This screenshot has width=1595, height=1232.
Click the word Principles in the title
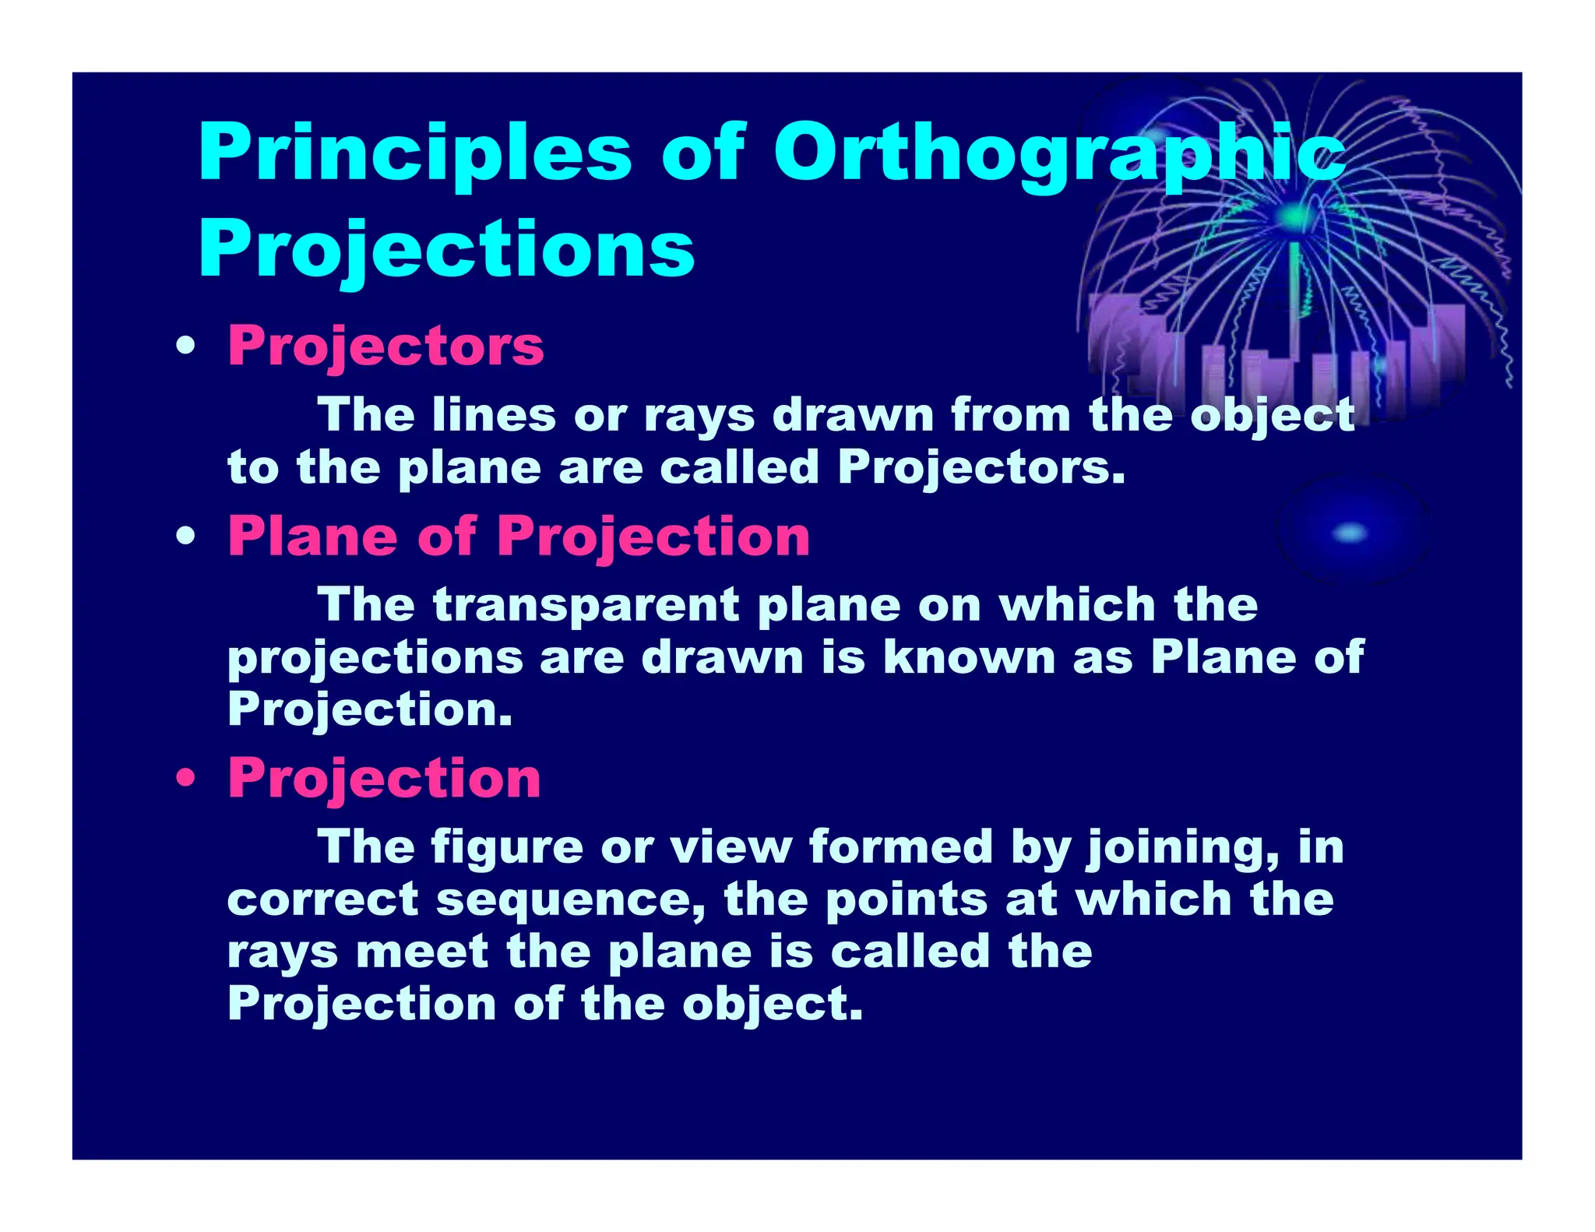pyautogui.click(x=414, y=153)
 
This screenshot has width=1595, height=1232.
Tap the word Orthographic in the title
pyautogui.click(x=1059, y=153)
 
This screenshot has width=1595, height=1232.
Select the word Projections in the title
pyautogui.click(x=446, y=249)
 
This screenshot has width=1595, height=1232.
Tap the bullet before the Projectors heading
pyautogui.click(x=185, y=347)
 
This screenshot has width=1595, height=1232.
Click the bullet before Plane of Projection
pyautogui.click(x=185, y=537)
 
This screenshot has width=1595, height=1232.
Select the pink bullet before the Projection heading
pyautogui.click(x=185, y=778)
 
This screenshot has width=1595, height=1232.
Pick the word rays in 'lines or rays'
pyautogui.click(x=699, y=416)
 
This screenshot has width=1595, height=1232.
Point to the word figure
pyautogui.click(x=507, y=847)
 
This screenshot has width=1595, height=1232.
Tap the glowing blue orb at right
pyautogui.click(x=1351, y=533)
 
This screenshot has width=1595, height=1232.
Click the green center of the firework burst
pyautogui.click(x=1294, y=216)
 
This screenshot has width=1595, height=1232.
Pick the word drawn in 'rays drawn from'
pyautogui.click(x=853, y=414)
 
